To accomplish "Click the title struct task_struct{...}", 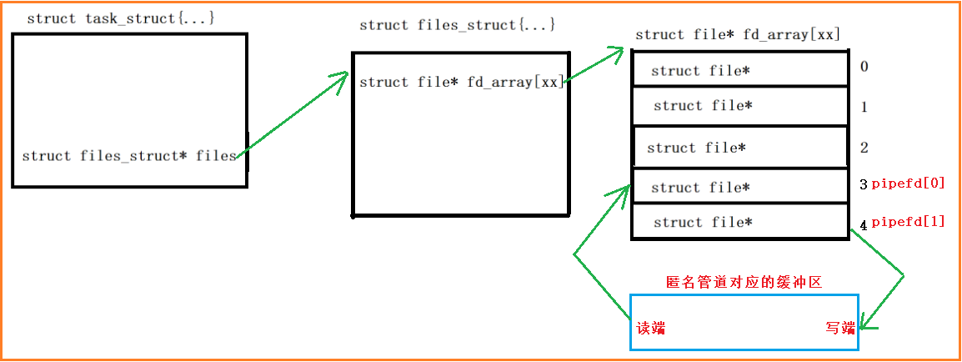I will [121, 18].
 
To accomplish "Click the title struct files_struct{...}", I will [457, 25].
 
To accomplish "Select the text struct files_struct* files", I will [129, 156].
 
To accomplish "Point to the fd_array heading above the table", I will [737, 34].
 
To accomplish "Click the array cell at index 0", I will [739, 70].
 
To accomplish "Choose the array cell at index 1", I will [739, 106].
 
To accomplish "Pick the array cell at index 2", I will [739, 148].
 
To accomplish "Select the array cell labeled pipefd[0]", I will [739, 187].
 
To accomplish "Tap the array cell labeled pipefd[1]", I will [739, 222].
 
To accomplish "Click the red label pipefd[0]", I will [908, 184].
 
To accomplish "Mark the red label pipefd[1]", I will [908, 221].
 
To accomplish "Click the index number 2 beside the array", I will [864, 148].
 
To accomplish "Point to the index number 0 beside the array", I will [864, 67].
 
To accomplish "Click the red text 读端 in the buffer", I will [651, 328].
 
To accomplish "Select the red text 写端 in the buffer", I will [840, 328].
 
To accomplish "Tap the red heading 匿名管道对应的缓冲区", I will [744, 283].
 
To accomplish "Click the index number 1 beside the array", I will [864, 107].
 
